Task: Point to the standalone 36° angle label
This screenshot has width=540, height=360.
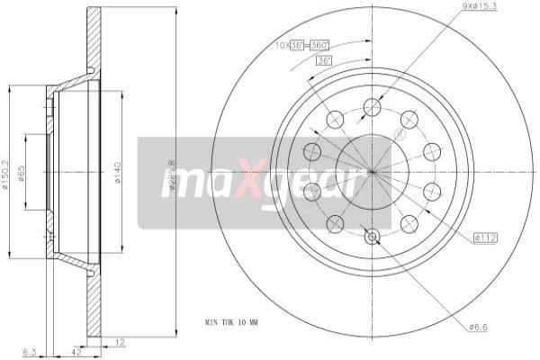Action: point(324,59)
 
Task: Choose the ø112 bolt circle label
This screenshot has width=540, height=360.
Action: point(485,238)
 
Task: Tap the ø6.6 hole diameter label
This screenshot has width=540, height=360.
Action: point(479,327)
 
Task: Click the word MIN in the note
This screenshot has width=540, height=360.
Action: point(212,320)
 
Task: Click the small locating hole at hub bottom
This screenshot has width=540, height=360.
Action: point(372,237)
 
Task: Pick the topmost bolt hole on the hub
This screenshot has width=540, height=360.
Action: point(372,108)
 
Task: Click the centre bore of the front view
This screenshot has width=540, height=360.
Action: point(372,172)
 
